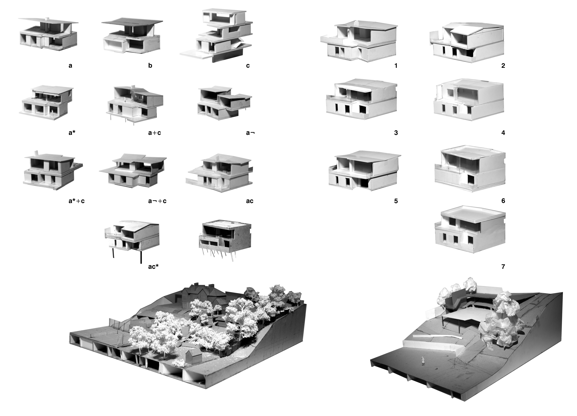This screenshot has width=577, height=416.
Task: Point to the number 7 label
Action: coord(503,267)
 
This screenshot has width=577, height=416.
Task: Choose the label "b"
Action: coord(150,66)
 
